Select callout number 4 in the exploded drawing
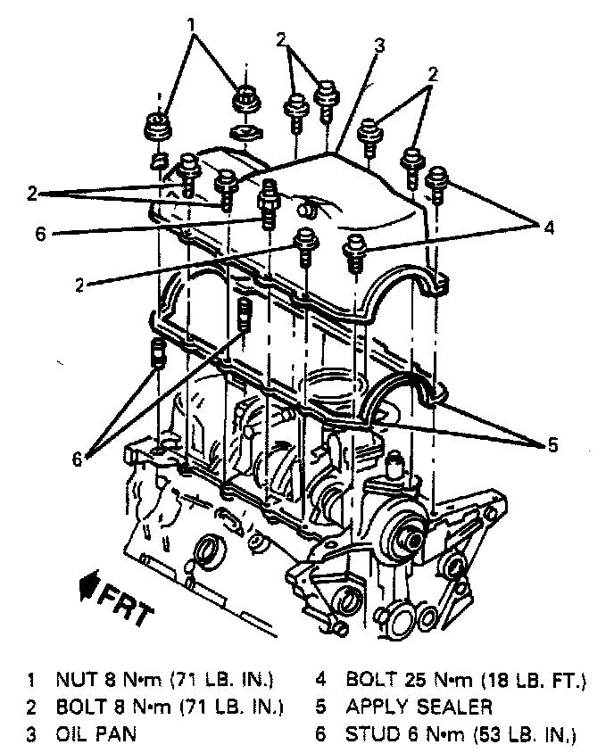tap(550, 229)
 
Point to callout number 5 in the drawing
tap(552, 443)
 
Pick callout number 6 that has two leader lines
tap(78, 459)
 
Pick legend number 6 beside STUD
tap(319, 735)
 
